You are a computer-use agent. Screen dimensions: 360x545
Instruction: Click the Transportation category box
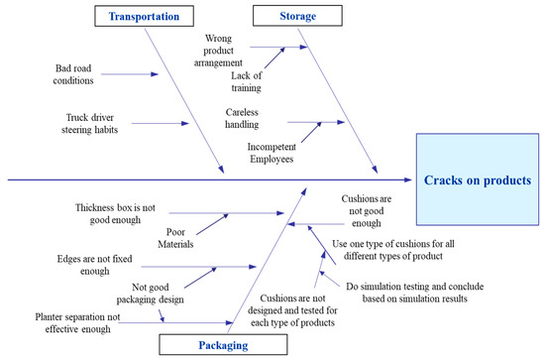(145, 17)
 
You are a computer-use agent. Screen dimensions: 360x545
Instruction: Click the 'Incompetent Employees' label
(277, 156)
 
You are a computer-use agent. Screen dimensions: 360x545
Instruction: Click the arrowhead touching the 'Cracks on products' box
(408, 180)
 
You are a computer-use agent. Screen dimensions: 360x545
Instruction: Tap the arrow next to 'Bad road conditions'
(129, 74)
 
